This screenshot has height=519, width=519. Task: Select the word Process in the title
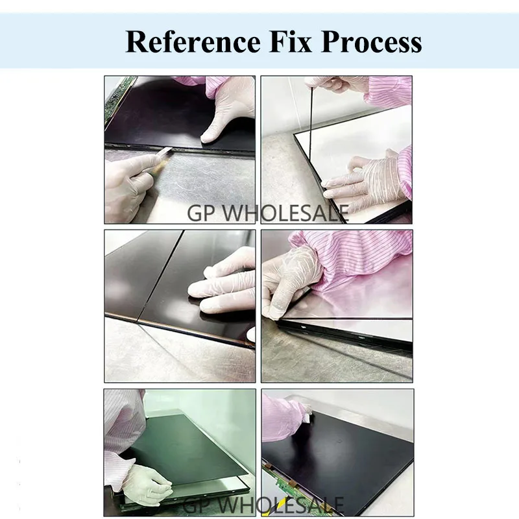point(372,43)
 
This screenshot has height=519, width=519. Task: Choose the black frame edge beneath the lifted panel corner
point(344,333)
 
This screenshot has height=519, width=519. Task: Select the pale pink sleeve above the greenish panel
point(123,422)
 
